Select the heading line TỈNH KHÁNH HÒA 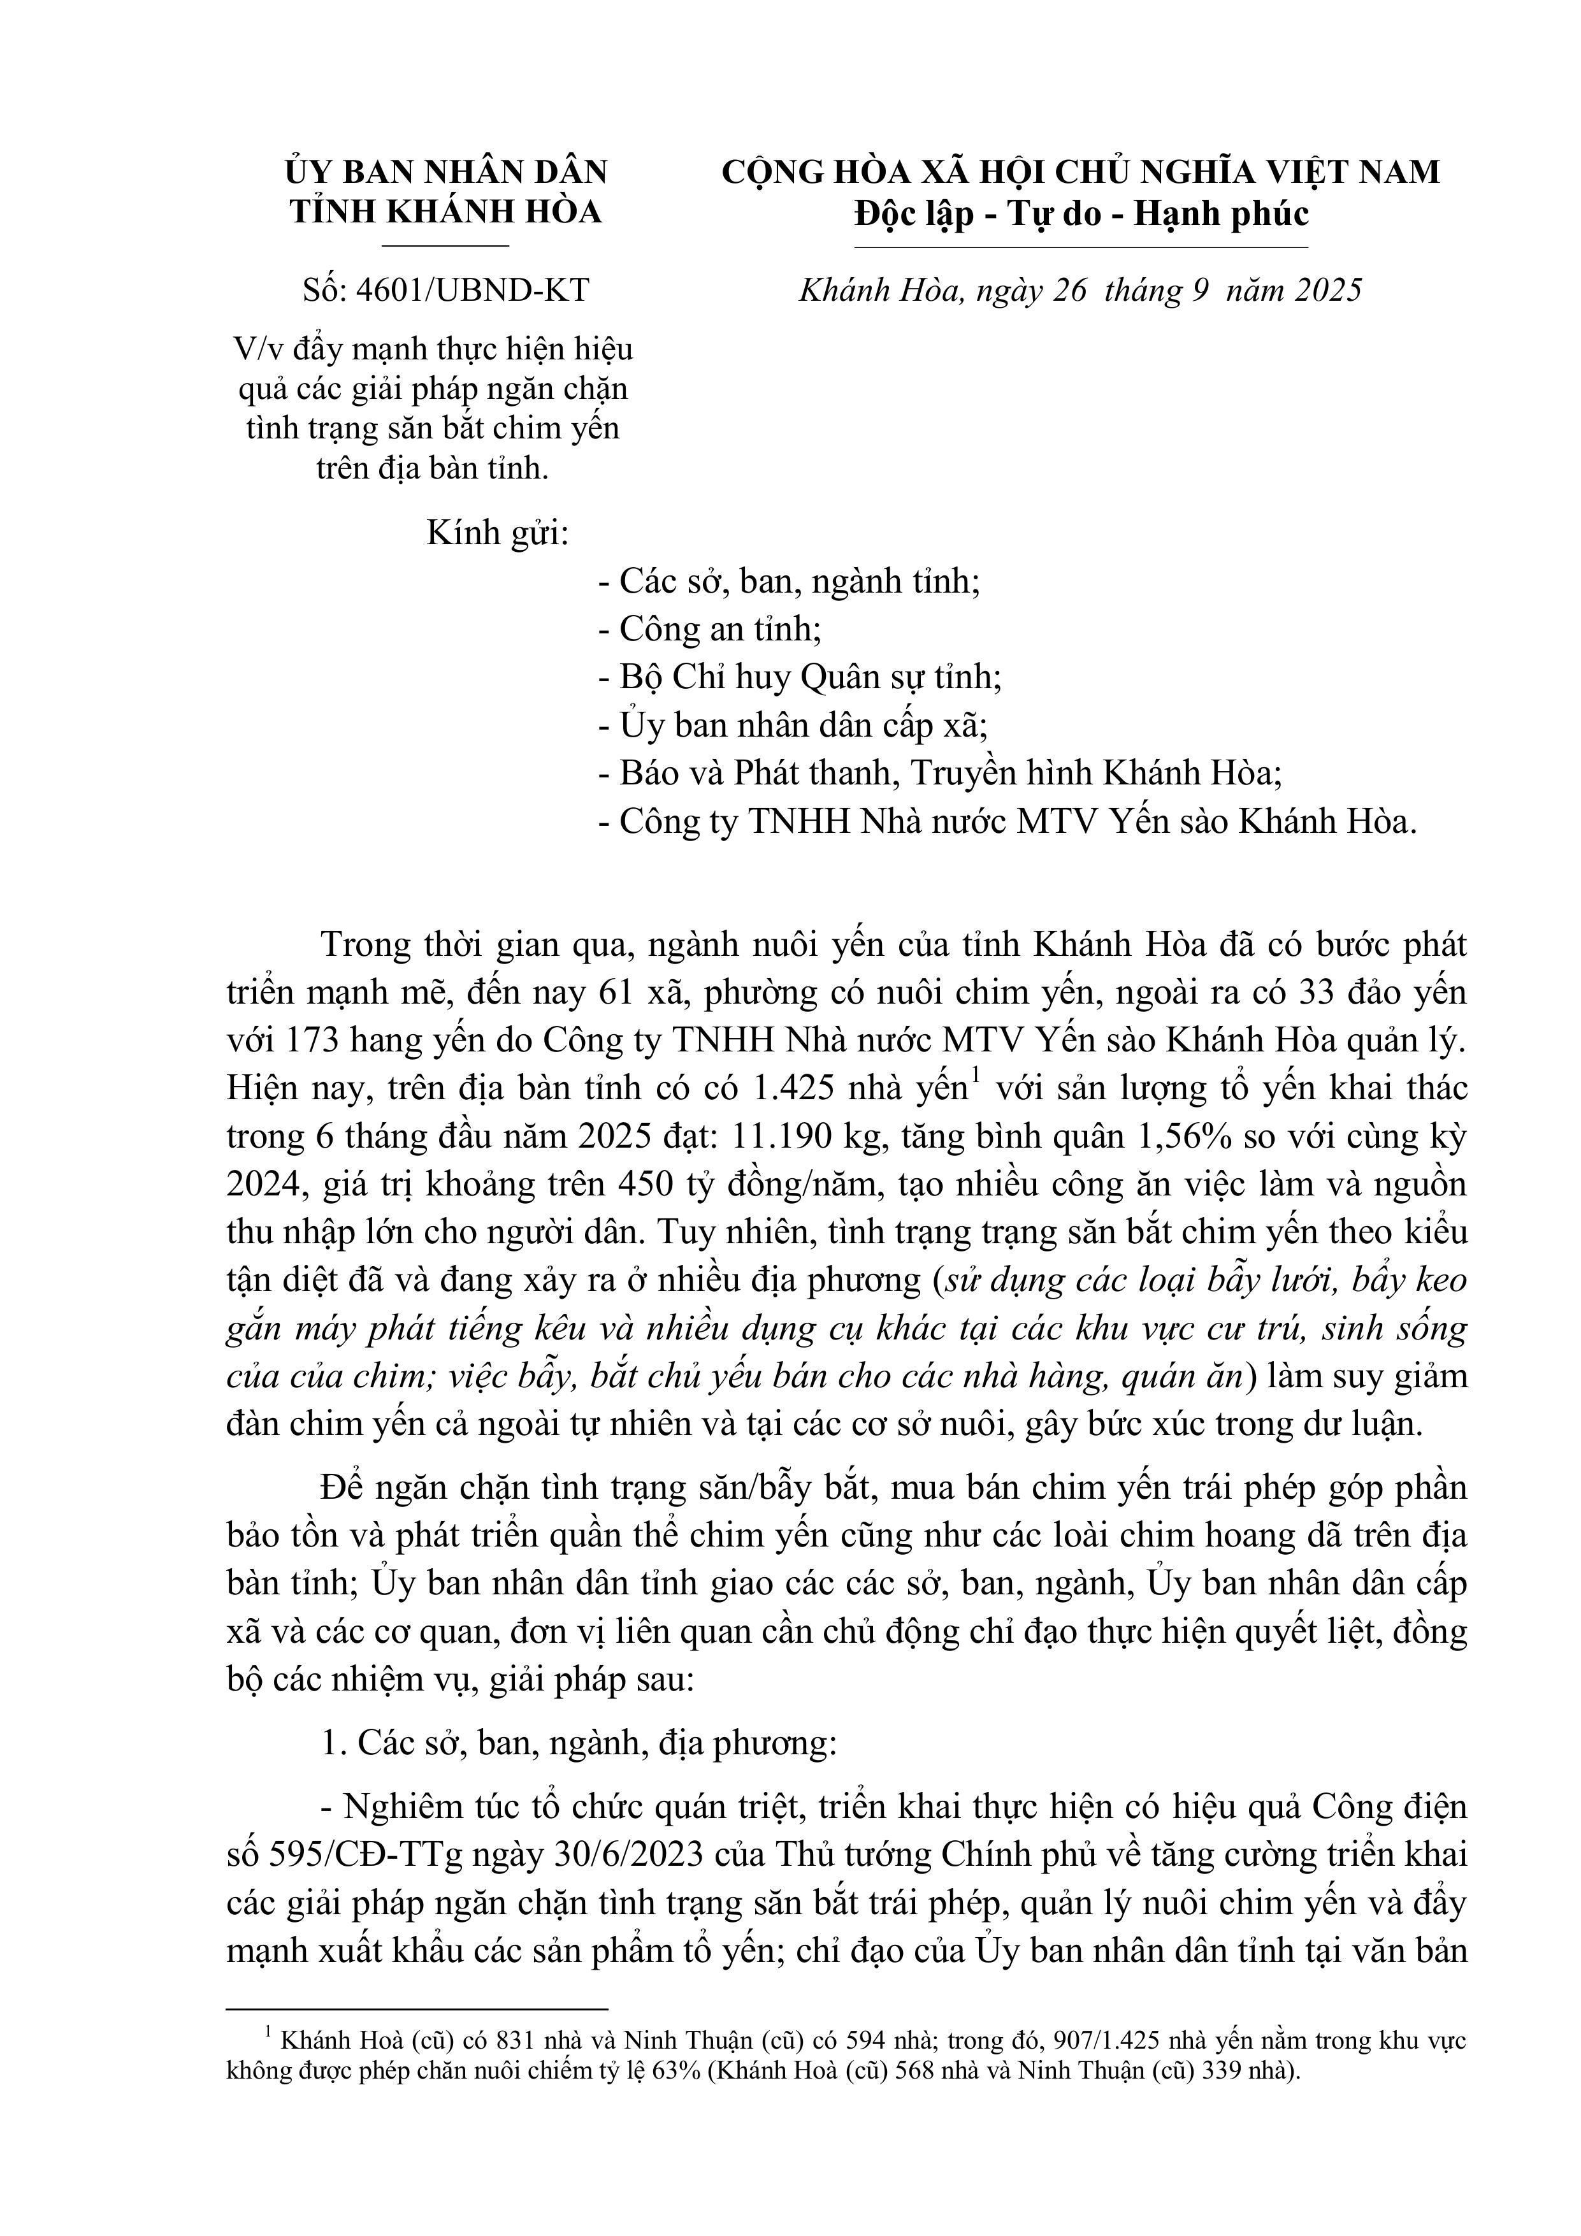click(446, 212)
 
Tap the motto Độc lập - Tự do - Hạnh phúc click(1081, 213)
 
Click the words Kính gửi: click(498, 534)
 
